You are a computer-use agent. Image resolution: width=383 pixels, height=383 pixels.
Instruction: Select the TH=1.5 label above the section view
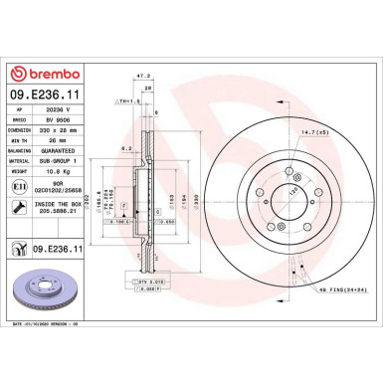tap(126, 101)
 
